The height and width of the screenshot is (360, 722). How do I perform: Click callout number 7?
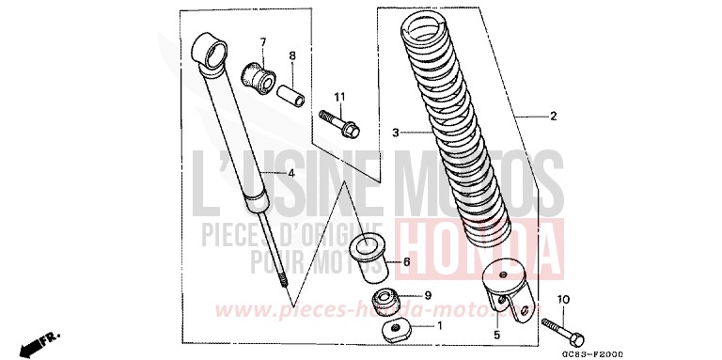click(263, 41)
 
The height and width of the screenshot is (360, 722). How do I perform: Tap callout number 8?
click(291, 55)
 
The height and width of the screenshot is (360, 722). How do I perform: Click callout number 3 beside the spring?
click(397, 133)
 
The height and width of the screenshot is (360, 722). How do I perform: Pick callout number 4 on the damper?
click(265, 173)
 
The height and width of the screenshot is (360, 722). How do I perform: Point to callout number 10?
click(565, 300)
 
